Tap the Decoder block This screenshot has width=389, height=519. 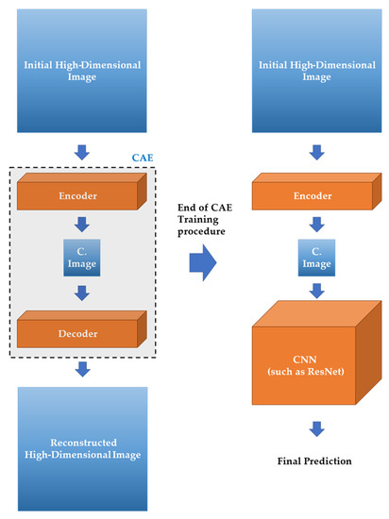80,332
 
